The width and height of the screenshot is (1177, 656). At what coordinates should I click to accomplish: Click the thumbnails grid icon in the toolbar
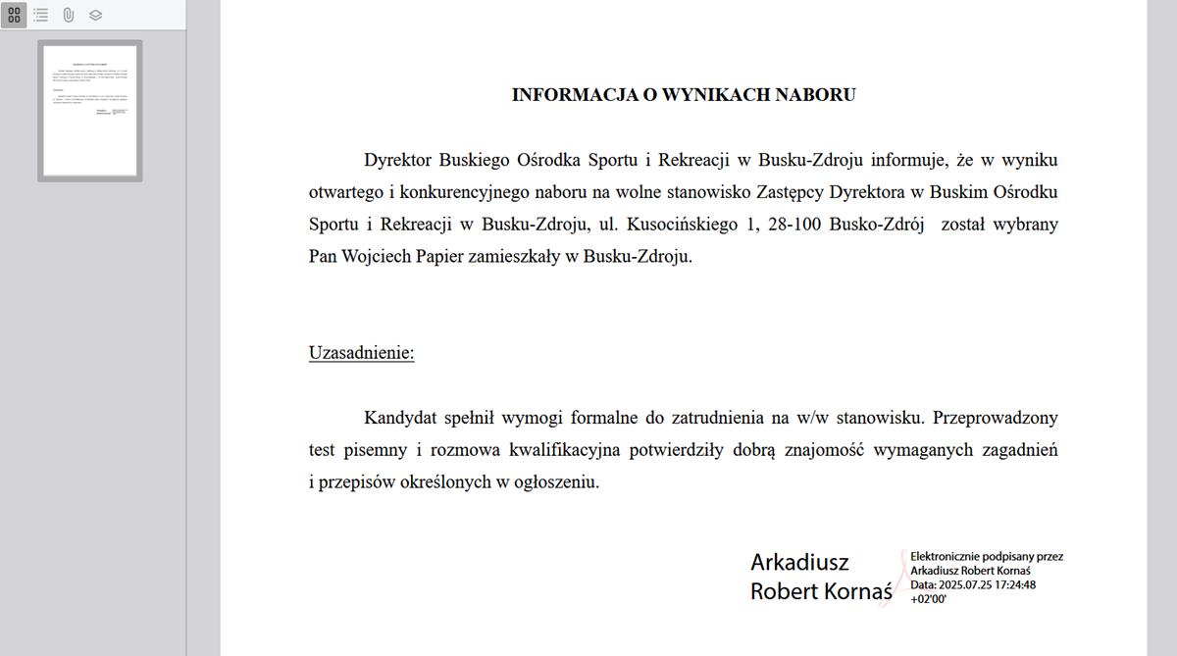click(x=14, y=15)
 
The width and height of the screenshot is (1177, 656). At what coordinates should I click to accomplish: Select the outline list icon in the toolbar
click(x=41, y=15)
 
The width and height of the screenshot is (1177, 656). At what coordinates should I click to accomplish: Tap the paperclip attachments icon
click(x=69, y=15)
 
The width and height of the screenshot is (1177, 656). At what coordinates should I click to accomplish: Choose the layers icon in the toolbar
click(x=95, y=15)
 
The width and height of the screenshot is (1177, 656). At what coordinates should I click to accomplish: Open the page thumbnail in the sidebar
click(x=90, y=110)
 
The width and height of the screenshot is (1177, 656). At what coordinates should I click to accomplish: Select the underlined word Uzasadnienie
click(x=361, y=353)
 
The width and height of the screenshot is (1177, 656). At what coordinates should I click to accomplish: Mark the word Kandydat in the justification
click(x=398, y=418)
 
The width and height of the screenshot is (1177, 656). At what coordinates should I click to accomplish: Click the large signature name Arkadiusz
click(x=799, y=563)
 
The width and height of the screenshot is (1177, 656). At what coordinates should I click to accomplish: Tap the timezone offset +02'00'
click(x=928, y=599)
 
